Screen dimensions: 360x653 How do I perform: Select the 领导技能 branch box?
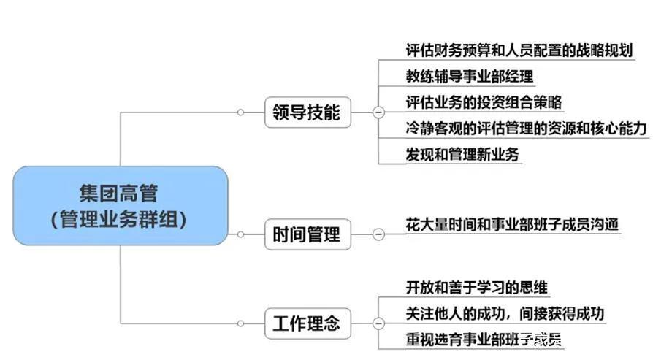point(307,112)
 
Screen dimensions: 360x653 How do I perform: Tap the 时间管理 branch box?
point(307,234)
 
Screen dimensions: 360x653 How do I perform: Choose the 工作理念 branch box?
point(307,323)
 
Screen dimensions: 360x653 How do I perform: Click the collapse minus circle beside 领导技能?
point(378,112)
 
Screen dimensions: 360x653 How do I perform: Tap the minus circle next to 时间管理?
point(378,234)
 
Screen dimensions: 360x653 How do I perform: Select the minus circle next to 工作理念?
point(378,323)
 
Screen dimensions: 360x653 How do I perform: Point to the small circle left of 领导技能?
point(241,112)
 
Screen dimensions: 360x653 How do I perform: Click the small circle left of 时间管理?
point(241,234)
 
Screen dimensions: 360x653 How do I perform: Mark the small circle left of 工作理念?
point(241,323)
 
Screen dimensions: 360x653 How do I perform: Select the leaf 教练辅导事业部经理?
point(470,76)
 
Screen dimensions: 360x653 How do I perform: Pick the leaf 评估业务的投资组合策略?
point(484,102)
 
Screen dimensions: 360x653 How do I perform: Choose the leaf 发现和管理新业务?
point(462,154)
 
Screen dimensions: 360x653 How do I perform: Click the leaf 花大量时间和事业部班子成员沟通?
point(512,223)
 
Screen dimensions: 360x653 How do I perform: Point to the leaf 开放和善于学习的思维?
point(477,287)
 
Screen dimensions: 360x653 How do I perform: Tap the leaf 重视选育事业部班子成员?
point(484,340)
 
